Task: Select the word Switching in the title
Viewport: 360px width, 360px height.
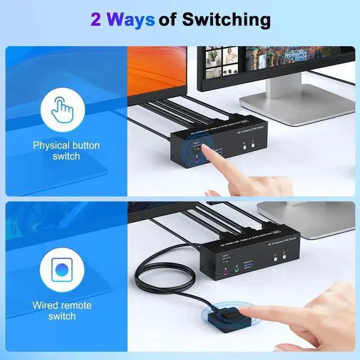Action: [x=225, y=20]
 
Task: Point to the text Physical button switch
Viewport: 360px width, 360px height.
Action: [x=66, y=150]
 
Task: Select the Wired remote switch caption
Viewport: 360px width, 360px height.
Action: [x=62, y=310]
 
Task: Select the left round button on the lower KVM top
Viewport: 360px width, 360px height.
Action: [x=275, y=258]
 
